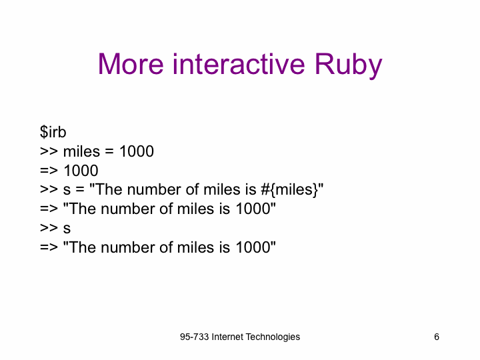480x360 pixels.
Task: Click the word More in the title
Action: click(131, 64)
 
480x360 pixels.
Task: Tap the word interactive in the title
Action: click(239, 64)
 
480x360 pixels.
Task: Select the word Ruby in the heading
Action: click(349, 65)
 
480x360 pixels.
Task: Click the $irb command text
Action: click(53, 132)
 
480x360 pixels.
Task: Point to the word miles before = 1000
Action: click(81, 151)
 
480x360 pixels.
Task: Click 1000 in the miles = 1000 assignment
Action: click(137, 151)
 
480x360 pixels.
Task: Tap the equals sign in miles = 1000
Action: click(109, 151)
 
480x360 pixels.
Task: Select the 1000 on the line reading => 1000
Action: click(81, 171)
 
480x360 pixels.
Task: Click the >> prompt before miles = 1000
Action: click(49, 151)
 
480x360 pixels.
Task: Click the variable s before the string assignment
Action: click(67, 190)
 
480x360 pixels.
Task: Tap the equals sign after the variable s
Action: click(80, 190)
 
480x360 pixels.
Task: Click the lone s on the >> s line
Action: click(67, 229)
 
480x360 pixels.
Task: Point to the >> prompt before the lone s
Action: click(49, 229)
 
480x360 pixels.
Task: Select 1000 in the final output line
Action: click(253, 247)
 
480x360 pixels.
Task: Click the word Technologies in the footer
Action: click(273, 337)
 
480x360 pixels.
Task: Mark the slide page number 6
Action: click(437, 337)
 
